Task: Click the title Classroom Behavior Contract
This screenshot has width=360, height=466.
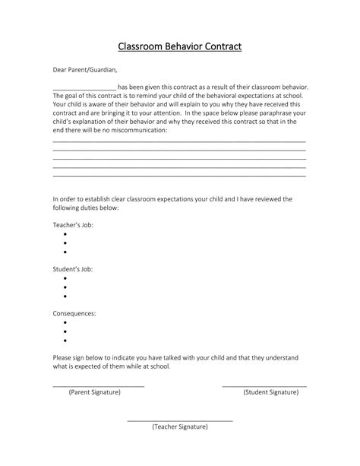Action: pos(180,47)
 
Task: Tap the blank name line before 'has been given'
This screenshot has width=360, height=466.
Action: pos(84,88)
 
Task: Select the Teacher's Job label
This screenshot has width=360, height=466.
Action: pos(73,225)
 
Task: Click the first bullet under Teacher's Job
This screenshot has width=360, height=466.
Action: pos(65,234)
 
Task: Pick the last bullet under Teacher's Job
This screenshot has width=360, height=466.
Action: pos(65,252)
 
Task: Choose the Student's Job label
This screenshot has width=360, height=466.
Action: pos(73,269)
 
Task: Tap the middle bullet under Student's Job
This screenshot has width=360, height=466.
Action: pos(65,287)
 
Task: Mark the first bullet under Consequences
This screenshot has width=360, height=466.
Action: pos(65,322)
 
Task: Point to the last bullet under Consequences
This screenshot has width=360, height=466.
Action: pos(65,340)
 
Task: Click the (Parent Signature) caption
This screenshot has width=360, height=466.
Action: pos(95,392)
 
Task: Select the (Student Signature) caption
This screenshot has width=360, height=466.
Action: pos(270,392)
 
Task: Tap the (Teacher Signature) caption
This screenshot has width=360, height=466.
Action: pos(180,426)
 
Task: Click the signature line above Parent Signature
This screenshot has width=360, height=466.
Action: pos(98,386)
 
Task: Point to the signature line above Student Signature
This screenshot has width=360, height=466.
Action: pos(264,386)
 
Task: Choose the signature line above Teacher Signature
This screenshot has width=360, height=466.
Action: pos(180,420)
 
